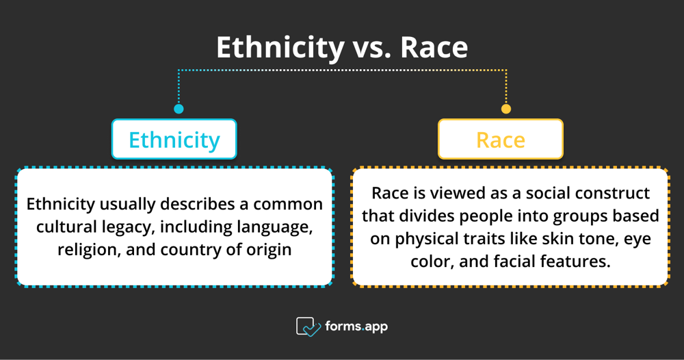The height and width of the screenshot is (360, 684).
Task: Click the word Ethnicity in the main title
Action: pos(280,47)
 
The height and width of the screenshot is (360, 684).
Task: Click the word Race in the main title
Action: pos(434,47)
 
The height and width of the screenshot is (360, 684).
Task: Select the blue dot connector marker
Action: pos(179,109)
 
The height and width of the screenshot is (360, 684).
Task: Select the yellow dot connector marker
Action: pos(506,109)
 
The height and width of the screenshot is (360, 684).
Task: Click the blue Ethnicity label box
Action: pos(174,139)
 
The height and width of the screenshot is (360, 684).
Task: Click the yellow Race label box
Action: pos(501,139)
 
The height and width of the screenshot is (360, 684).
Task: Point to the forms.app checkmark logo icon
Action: pos(308,326)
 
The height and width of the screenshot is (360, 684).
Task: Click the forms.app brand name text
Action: pos(356,326)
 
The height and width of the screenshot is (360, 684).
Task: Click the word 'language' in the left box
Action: pos(275,228)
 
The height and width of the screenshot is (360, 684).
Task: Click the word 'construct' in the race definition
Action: pos(615,193)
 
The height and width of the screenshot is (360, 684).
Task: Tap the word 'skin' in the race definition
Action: pos(557,239)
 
